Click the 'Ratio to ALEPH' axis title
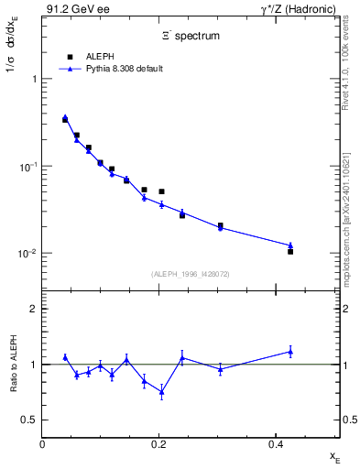[x=12, y=364]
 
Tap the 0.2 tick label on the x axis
[x=158, y=443]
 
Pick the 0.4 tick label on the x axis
[x=275, y=443]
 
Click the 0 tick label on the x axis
[x=42, y=443]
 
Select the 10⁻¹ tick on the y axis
[x=27, y=167]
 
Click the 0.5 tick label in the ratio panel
[x=29, y=420]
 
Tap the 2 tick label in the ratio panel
[x=33, y=309]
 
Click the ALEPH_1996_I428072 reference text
[x=191, y=274]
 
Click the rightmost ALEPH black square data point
[x=290, y=251]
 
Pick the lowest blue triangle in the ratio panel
[x=161, y=392]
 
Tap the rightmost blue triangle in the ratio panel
[x=290, y=351]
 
